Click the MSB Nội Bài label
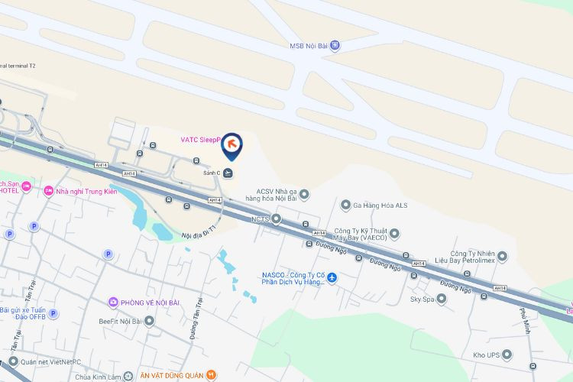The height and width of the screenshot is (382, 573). coord(309,46)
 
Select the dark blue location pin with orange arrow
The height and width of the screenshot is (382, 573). coord(231,144)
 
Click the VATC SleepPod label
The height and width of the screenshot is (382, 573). coord(199,140)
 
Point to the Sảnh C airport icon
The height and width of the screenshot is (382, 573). coord(228,173)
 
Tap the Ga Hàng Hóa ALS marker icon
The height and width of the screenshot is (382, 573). coord(345,205)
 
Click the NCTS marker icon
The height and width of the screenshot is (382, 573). coord(277,219)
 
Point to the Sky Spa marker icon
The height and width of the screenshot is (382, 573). coord(442,299)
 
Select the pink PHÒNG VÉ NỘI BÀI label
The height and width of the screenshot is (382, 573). coord(149,303)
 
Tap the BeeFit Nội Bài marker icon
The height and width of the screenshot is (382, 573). coord(150,322)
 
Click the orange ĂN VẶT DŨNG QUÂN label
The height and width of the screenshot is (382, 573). coord(172,375)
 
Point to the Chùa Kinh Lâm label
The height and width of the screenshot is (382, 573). coord(99,377)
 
